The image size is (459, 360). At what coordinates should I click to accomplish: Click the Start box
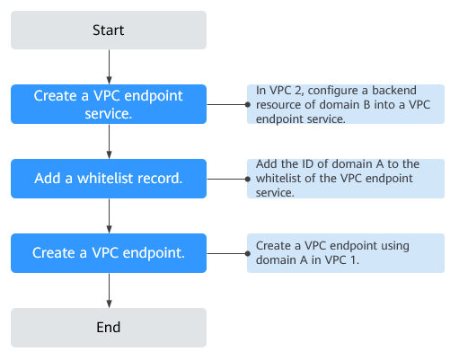pos(109,30)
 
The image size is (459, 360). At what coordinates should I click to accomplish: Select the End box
pos(109,328)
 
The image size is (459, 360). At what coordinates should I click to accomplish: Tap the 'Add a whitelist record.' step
pos(109,179)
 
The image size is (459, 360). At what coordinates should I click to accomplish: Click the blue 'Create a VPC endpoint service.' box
pos(109,104)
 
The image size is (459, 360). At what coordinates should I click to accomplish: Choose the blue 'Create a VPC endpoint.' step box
pos(109,253)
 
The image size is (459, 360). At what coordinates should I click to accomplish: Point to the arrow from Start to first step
pos(110,67)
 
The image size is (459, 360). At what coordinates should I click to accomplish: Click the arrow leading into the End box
pos(110,291)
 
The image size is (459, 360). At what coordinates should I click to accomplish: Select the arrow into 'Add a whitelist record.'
pos(110,142)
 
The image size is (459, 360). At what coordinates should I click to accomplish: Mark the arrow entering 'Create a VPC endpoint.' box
pos(110,216)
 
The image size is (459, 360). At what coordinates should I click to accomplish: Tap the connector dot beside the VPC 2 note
pos(248,104)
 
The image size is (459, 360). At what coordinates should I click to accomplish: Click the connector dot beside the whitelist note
pos(248,179)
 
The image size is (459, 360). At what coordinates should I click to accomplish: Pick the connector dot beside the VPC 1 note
pos(248,253)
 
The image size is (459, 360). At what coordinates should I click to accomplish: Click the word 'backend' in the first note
pos(394,90)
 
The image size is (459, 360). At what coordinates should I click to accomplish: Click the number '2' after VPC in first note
pos(297,91)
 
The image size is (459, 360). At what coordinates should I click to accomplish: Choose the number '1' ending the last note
pos(354,259)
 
